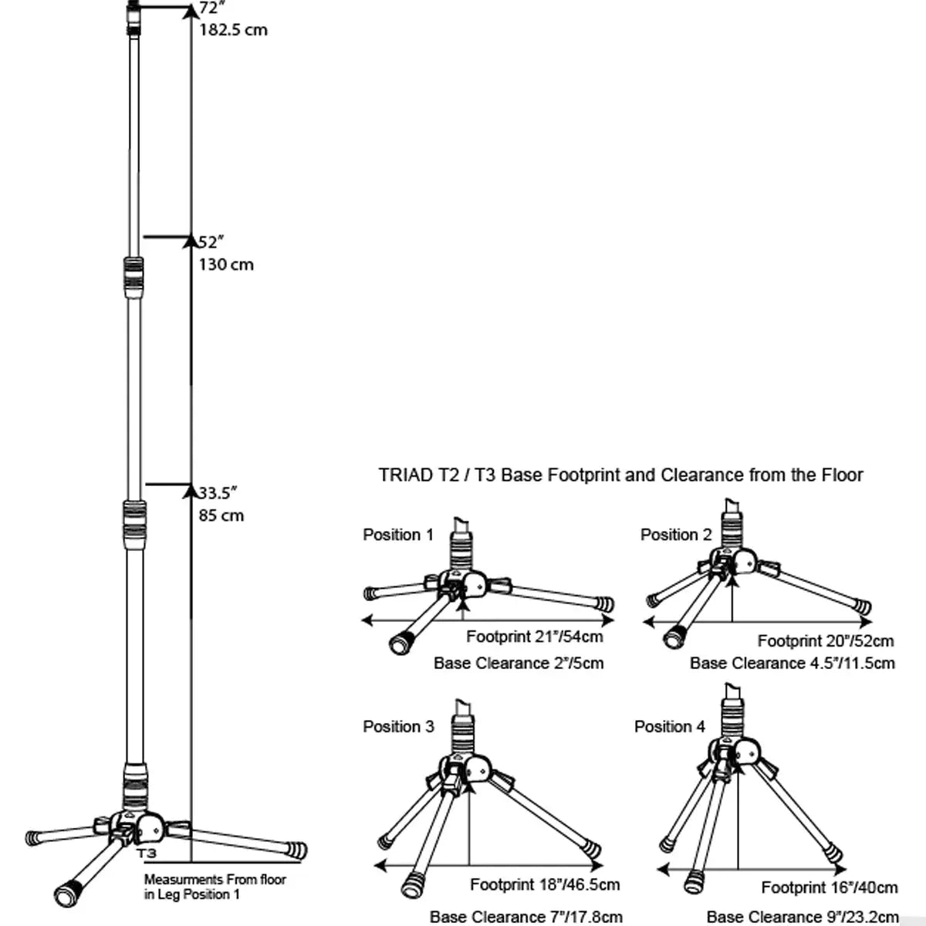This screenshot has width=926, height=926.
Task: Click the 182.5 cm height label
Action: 233,30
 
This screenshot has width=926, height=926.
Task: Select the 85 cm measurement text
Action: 221,515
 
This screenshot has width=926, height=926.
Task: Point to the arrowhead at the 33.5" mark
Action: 191,490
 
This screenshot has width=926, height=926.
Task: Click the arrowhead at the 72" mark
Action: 191,10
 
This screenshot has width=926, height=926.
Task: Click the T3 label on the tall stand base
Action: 147,853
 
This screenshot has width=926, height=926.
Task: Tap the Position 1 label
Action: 398,535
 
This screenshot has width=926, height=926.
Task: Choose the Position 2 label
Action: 676,535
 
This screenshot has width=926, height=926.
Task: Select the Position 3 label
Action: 398,727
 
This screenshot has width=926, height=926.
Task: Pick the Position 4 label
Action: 670,727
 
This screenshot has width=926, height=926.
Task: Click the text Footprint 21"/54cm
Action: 535,637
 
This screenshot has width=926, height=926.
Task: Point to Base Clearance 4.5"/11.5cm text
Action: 793,663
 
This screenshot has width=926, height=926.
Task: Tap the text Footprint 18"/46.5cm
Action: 545,884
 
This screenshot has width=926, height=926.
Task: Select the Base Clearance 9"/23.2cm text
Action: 803,917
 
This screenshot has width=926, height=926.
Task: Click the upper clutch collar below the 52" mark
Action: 133,276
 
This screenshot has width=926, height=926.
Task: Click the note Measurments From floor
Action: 215,880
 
